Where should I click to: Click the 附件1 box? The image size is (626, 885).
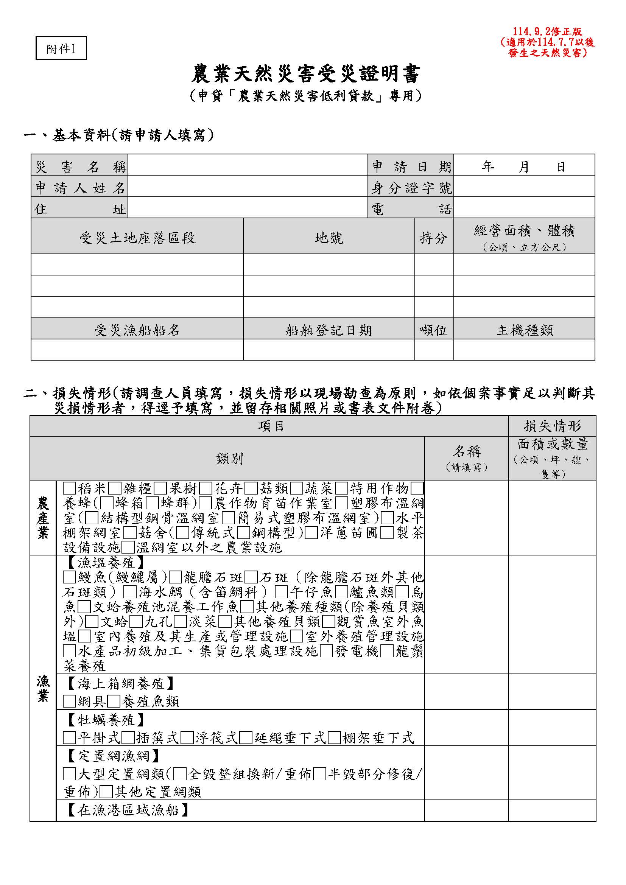[x=61, y=48]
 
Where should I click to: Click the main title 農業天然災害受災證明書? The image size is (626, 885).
[x=306, y=74]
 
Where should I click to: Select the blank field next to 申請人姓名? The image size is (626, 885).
[x=248, y=188]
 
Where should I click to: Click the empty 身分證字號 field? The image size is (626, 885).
[x=524, y=188]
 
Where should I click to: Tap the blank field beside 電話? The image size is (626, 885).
[x=524, y=209]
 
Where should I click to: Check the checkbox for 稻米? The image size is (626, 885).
[x=69, y=488]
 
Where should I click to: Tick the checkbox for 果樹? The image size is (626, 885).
[x=160, y=488]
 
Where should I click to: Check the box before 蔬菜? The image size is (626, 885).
[x=296, y=488]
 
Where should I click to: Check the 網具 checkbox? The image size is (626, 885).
[x=69, y=701]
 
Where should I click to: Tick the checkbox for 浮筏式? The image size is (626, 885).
[x=187, y=738]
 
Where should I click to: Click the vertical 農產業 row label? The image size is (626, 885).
[x=43, y=518]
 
